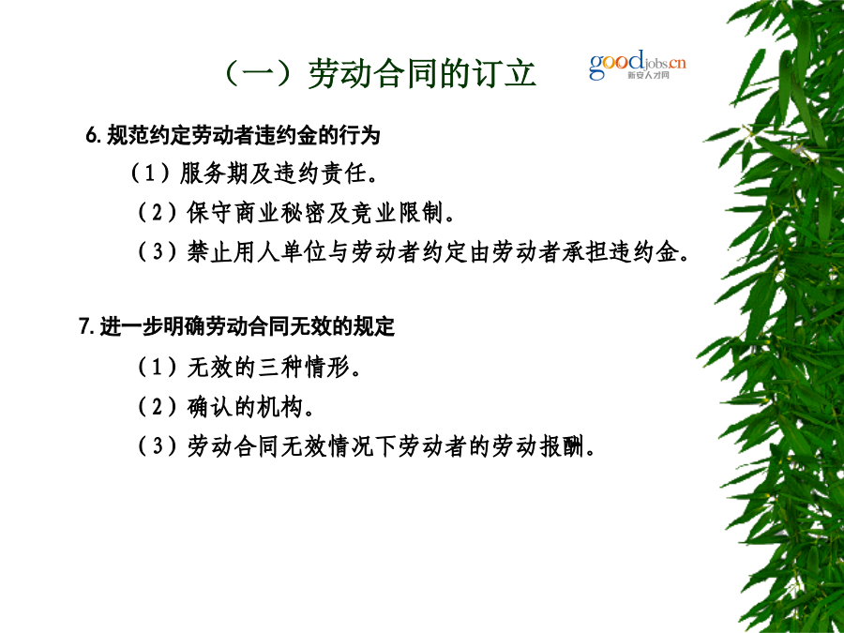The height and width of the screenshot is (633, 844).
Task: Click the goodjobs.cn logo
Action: tap(638, 65)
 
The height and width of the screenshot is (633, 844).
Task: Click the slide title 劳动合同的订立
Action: tap(422, 73)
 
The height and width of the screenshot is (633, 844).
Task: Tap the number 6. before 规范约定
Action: tap(93, 135)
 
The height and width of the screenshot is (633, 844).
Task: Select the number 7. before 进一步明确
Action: tap(86, 326)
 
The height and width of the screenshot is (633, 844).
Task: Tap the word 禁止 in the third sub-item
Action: tap(210, 252)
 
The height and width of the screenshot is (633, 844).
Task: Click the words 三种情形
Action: tap(305, 369)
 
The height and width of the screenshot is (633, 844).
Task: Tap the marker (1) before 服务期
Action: tap(151, 173)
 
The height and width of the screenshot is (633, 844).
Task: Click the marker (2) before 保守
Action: tap(158, 213)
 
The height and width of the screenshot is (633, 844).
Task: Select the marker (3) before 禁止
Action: tap(158, 252)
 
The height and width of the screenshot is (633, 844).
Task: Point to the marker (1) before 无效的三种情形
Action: tap(158, 369)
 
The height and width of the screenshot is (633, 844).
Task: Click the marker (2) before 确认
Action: tap(158, 408)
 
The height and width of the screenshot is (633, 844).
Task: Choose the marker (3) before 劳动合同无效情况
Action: tap(158, 446)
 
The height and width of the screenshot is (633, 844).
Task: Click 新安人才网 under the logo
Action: tap(647, 75)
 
